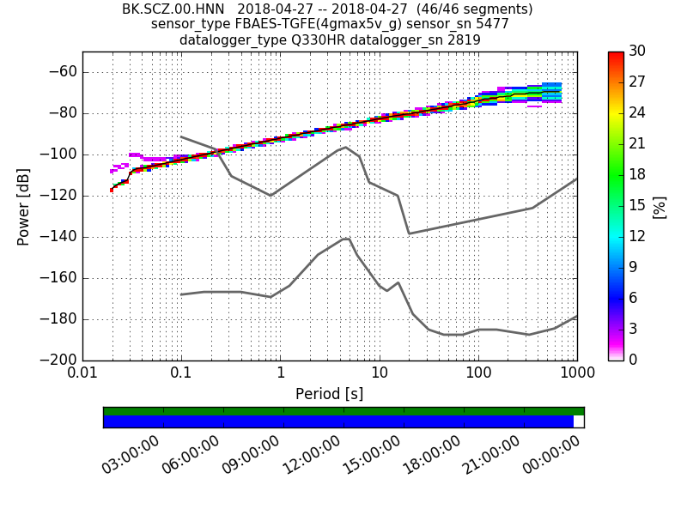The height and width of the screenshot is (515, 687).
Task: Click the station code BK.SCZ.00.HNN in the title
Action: [174, 9]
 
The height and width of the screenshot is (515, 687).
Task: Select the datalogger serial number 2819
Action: [463, 39]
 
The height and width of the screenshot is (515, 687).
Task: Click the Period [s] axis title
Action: [330, 394]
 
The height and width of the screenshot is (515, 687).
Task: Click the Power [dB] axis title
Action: [23, 206]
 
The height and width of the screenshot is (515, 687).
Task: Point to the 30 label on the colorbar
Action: [638, 51]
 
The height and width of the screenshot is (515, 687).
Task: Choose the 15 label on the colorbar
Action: [638, 206]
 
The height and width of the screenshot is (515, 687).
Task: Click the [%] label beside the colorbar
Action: [660, 206]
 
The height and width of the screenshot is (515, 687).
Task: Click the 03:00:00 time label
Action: [131, 456]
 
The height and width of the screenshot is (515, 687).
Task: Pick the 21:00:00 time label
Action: [491, 456]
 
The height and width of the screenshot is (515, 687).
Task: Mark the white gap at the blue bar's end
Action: [579, 421]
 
